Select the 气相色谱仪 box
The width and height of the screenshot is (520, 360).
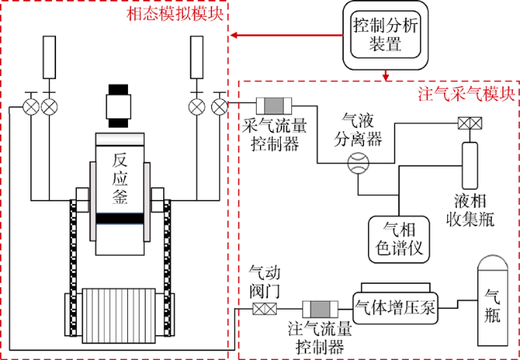pos(398,238)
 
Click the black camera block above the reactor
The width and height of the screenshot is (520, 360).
pos(119,106)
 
